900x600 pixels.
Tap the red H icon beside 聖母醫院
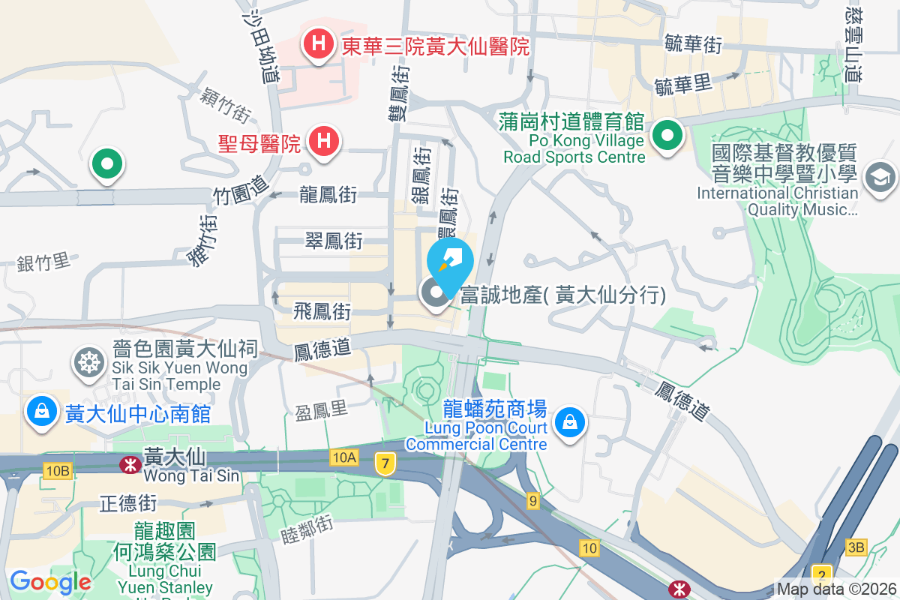pyautogui.click(x=325, y=139)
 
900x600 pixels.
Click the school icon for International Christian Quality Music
pyautogui.click(x=876, y=178)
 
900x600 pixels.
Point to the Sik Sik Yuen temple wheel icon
pyautogui.click(x=88, y=363)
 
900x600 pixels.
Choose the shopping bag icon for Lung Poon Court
pyautogui.click(x=571, y=422)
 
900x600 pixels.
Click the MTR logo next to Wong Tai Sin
pyautogui.click(x=130, y=463)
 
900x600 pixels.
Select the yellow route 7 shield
pyautogui.click(x=385, y=464)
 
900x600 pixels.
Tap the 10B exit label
pyautogui.click(x=57, y=470)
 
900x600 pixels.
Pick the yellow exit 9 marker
pyautogui.click(x=533, y=500)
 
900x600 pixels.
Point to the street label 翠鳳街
pyautogui.click(x=334, y=240)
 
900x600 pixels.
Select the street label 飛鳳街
pyautogui.click(x=322, y=310)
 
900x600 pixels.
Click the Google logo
pyautogui.click(x=50, y=581)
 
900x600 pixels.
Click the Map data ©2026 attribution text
pyautogui.click(x=835, y=589)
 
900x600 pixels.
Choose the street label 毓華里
pyautogui.click(x=682, y=84)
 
